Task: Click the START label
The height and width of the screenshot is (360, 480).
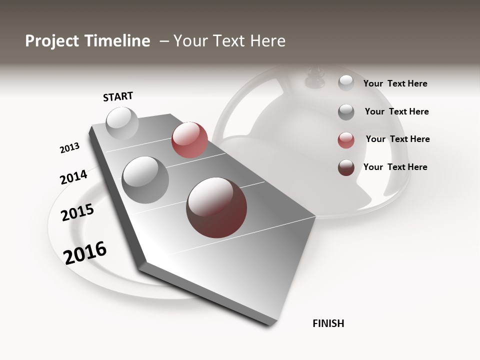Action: (x=118, y=96)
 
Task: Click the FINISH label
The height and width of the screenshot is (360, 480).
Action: (x=328, y=323)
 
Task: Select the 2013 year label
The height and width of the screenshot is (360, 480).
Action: (x=69, y=148)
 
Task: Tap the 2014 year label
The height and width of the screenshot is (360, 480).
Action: (x=73, y=177)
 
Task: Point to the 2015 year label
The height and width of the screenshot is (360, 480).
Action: (x=77, y=212)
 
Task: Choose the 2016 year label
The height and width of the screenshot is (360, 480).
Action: (x=85, y=252)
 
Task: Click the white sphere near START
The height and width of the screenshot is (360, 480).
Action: (x=122, y=123)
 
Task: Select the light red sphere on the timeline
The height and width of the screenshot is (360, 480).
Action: (x=189, y=140)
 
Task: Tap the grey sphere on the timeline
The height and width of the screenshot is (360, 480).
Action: (x=145, y=179)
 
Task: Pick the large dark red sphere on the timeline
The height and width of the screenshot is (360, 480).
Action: (x=216, y=207)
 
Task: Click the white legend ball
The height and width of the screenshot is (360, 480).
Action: (x=346, y=83)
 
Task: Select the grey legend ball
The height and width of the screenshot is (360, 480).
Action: (x=346, y=112)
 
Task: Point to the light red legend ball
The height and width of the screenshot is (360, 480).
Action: (x=346, y=140)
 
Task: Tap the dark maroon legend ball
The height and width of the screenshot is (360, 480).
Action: (x=346, y=167)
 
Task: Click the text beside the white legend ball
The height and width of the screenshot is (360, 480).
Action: (x=395, y=83)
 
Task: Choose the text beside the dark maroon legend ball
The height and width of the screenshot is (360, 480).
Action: (x=395, y=167)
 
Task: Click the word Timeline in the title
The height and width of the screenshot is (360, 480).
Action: (x=117, y=41)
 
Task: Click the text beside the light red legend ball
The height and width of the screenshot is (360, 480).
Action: (x=397, y=139)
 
